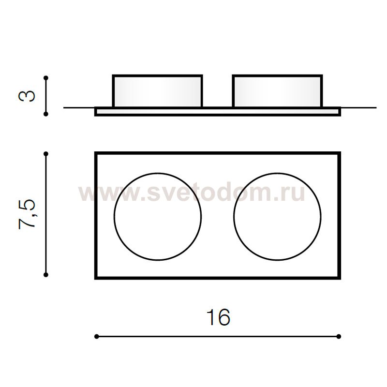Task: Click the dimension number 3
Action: click(27, 96)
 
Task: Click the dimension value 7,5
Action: click(27, 214)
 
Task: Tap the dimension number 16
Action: click(218, 317)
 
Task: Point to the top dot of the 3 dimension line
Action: click(45, 78)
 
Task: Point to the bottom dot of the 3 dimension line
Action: click(45, 114)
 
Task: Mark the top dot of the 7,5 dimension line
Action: click(45, 154)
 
